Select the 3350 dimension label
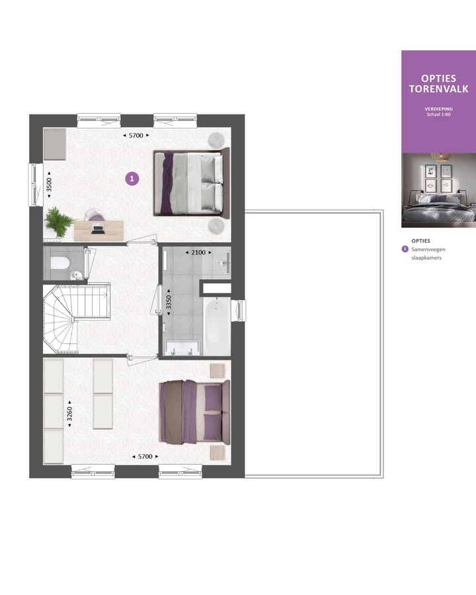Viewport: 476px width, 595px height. point(169,302)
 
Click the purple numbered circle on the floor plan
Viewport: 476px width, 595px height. point(132,178)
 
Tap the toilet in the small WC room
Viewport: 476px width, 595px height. point(60,263)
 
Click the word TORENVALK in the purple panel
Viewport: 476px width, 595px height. point(438,89)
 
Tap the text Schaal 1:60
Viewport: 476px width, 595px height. point(438,114)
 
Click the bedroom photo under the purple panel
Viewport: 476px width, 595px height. point(438,190)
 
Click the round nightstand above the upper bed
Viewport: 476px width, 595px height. point(216,138)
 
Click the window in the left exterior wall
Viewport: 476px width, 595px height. point(34,184)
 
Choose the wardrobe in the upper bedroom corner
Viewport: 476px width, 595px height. point(55,144)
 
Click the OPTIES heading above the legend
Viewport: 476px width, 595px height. point(420,241)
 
